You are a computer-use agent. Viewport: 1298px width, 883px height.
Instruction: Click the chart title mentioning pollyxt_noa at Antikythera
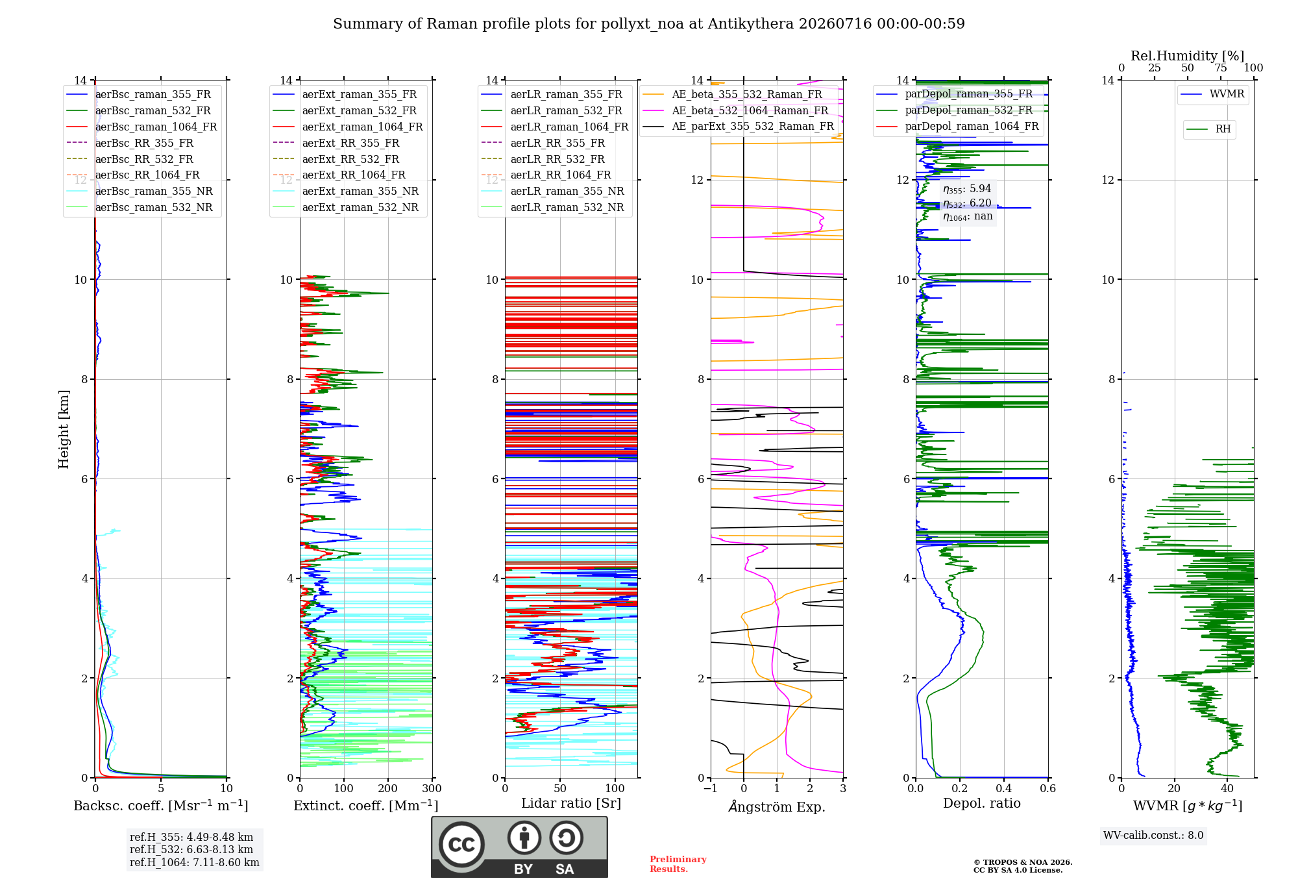click(x=649, y=24)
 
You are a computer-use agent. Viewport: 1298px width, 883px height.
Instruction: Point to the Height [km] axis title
click(x=64, y=429)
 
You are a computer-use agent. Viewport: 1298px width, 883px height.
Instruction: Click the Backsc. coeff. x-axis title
click(x=161, y=806)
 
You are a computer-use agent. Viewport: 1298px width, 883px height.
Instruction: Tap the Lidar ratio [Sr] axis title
click(x=571, y=804)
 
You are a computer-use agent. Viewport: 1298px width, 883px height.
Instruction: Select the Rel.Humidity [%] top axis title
click(x=1188, y=56)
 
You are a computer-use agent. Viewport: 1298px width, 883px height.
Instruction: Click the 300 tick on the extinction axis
click(x=432, y=789)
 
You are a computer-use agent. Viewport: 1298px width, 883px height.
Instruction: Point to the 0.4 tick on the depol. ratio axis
click(x=1004, y=789)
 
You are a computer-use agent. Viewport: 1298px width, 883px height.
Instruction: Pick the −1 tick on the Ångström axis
click(x=711, y=789)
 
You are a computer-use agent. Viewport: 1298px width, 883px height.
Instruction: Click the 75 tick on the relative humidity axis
click(x=1221, y=68)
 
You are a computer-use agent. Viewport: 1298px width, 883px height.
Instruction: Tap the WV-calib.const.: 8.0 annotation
click(x=1153, y=836)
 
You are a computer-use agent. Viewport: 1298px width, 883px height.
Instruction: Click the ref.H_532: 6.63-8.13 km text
click(x=191, y=850)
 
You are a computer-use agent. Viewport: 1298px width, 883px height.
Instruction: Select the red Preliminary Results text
click(x=678, y=864)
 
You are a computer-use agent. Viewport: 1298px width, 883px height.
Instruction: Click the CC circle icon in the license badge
click(x=461, y=845)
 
